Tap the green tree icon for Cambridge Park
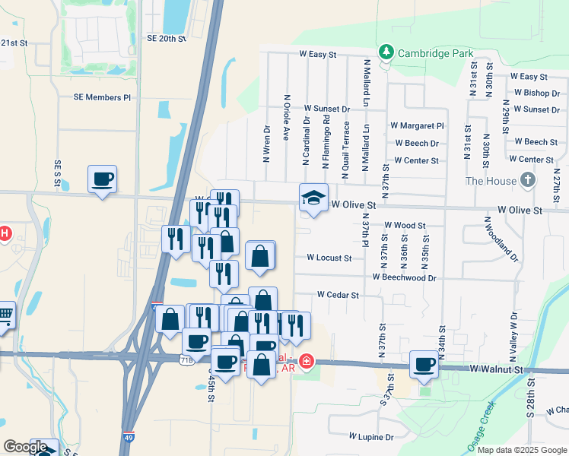[387, 52]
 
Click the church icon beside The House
[529, 180]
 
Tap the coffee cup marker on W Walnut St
[424, 364]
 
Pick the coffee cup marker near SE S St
[102, 179]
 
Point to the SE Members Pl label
[102, 97]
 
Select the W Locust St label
[329, 258]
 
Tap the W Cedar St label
[338, 294]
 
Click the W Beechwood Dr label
[404, 278]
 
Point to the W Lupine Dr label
[371, 437]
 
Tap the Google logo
[24, 447]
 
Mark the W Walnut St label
[497, 369]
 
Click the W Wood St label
[405, 225]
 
